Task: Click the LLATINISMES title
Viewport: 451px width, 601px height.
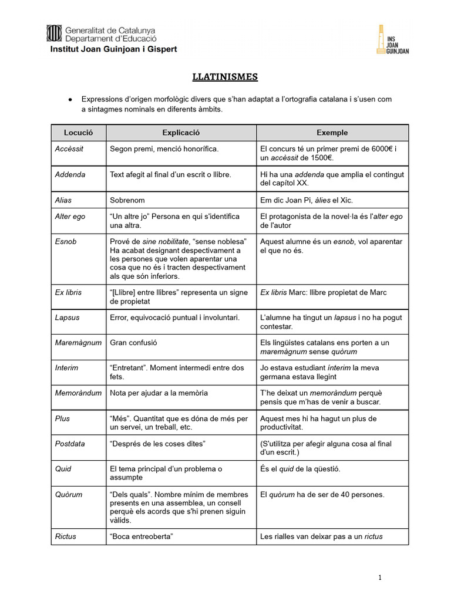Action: (x=225, y=77)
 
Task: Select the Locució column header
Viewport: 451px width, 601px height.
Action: (x=78, y=133)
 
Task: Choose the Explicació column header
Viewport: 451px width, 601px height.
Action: (x=181, y=133)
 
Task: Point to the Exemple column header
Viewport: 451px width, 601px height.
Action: (x=332, y=133)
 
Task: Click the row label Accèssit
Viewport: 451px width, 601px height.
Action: (x=69, y=149)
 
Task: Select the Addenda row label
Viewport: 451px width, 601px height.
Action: (x=70, y=174)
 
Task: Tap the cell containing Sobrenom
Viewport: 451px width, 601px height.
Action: (x=127, y=200)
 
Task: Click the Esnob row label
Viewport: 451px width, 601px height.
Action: (x=66, y=242)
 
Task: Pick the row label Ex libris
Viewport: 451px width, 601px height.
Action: (x=69, y=292)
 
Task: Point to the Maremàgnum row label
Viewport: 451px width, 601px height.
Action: (x=78, y=343)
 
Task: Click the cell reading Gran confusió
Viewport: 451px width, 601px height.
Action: (x=133, y=343)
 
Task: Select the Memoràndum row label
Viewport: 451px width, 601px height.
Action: (x=78, y=393)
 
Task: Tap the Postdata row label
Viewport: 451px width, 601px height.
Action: (x=70, y=444)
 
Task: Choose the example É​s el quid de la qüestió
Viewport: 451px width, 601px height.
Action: (x=300, y=469)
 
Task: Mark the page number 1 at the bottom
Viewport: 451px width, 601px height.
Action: (x=380, y=578)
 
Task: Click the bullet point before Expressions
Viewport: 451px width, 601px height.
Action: (x=70, y=99)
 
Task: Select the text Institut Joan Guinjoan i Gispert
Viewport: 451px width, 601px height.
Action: (x=112, y=49)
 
